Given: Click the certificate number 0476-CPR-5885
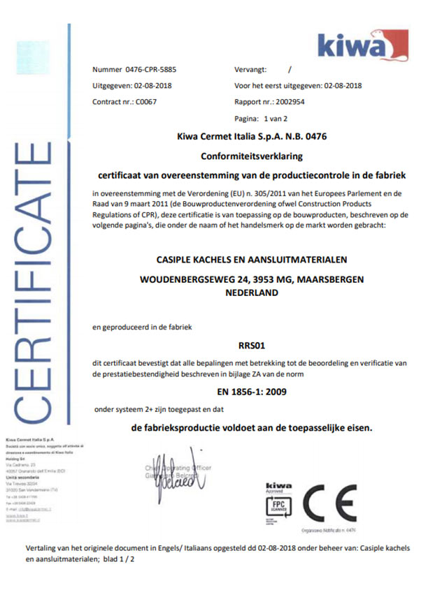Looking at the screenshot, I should (x=159, y=70).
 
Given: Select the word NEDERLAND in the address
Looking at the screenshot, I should (x=252, y=293).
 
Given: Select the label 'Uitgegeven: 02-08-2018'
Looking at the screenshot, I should (x=132, y=86).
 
